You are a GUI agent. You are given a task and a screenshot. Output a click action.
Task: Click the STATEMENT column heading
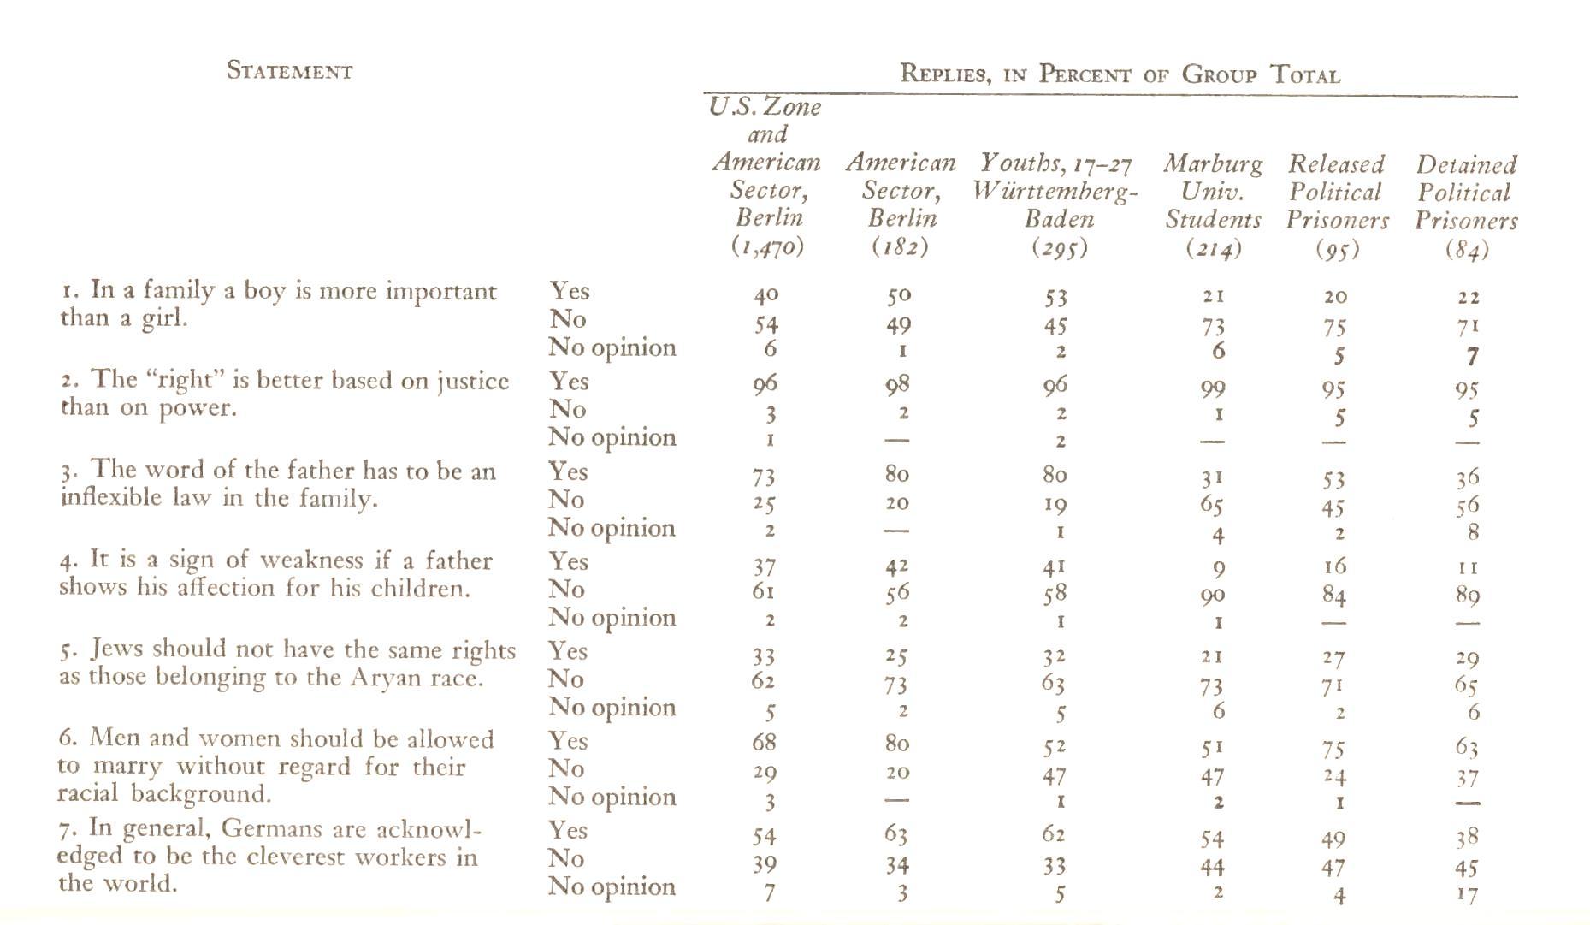tap(289, 71)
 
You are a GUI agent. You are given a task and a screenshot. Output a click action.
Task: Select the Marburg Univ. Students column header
tap(1213, 192)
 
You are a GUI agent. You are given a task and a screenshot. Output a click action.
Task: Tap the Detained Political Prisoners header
tap(1466, 193)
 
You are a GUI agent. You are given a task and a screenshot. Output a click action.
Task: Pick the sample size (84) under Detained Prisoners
tap(1467, 250)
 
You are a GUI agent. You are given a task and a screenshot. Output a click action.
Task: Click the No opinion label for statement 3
tap(612, 528)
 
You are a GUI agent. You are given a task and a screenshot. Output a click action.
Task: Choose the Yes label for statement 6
tap(569, 740)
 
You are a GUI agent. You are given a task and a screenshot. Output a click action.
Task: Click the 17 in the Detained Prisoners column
tap(1467, 895)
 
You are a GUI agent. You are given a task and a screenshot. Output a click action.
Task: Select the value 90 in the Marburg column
tap(1213, 596)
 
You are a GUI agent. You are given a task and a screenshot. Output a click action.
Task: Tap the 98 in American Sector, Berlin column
tap(897, 385)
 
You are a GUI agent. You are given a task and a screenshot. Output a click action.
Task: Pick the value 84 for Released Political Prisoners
tap(1333, 595)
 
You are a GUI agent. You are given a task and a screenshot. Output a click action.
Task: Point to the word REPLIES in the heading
tap(945, 74)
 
